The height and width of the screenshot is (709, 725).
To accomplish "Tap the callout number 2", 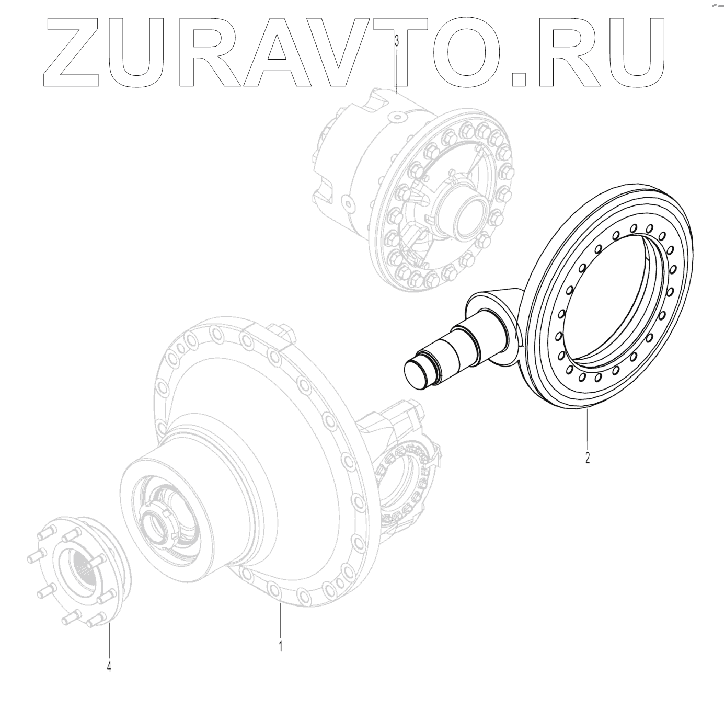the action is click(588, 458).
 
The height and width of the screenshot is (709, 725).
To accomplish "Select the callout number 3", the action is click(397, 40).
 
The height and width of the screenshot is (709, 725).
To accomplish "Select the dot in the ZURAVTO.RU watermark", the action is click(518, 79).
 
